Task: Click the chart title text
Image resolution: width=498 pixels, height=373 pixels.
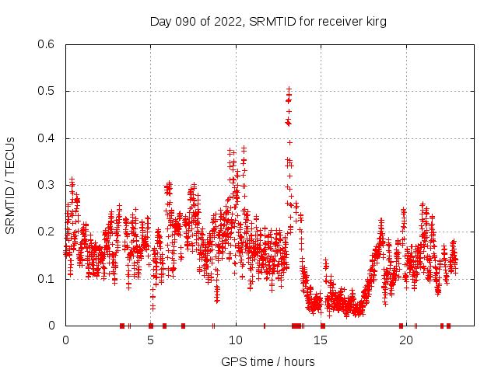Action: click(268, 22)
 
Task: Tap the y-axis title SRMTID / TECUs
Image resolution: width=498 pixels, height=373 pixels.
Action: click(10, 185)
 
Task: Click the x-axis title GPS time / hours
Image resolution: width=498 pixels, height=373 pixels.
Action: click(268, 361)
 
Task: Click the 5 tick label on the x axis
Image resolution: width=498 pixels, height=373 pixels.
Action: click(151, 340)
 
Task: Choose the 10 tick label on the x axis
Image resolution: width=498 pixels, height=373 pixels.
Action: click(236, 340)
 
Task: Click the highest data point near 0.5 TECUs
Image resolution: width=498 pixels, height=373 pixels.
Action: click(289, 89)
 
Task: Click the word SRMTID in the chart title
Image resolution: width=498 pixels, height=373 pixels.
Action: click(269, 22)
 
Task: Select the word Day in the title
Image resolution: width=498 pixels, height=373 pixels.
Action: click(160, 22)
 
